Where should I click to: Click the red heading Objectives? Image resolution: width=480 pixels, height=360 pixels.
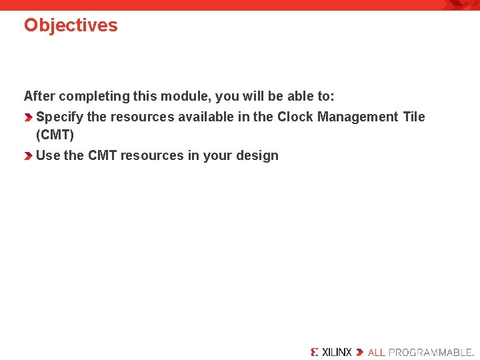tap(71, 25)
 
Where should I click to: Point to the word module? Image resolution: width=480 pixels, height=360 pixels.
tap(184, 96)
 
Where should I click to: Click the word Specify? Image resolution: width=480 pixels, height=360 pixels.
tap(59, 117)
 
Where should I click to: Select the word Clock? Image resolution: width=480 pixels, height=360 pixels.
tap(295, 117)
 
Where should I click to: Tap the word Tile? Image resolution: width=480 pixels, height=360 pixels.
tap(413, 117)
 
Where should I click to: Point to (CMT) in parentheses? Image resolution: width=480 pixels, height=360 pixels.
tap(55, 135)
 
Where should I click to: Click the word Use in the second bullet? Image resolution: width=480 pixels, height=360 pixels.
tap(48, 155)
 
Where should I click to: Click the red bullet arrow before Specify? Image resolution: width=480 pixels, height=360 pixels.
tap(28, 117)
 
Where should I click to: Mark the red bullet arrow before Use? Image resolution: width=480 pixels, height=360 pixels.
tap(28, 156)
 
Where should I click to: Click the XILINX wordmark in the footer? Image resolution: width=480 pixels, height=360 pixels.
tap(337, 352)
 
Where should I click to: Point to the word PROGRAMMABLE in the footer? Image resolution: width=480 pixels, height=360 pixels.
tap(430, 352)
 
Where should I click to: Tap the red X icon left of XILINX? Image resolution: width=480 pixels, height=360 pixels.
tap(315, 352)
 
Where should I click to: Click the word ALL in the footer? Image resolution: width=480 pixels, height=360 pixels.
tap(377, 352)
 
